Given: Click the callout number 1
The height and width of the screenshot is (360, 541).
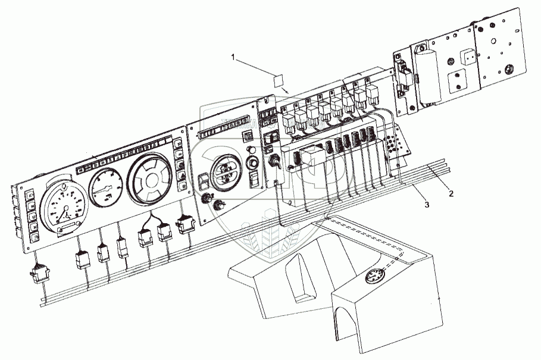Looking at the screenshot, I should pos(234,57).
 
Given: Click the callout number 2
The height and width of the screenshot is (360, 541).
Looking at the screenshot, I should pos(451,195).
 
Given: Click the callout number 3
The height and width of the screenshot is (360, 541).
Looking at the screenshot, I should pos(426,205).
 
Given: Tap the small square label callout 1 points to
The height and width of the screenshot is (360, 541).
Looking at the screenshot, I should pos(278,80).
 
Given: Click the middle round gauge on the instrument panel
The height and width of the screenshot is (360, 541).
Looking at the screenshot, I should pos(108,187).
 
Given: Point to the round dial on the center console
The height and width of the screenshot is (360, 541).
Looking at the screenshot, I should pos(373,277).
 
